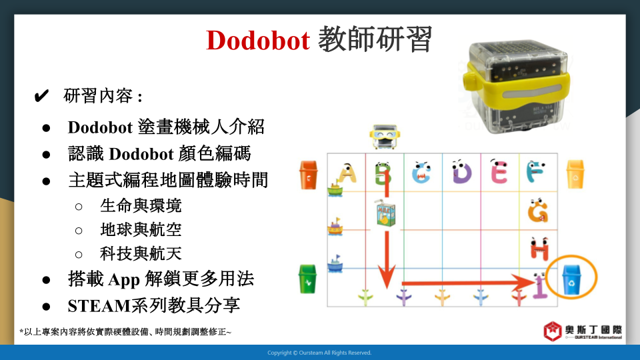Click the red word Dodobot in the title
point(258,40)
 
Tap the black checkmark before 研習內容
point(41,96)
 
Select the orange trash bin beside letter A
point(308,175)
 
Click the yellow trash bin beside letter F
point(575,174)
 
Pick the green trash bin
point(307,279)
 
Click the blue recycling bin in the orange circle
point(571,279)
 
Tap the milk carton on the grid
point(385,213)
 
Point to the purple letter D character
point(461,171)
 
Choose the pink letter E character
point(499,171)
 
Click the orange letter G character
point(538,210)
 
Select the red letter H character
point(539,248)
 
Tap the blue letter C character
point(421,172)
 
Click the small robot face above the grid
point(385,137)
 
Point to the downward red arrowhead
point(386,276)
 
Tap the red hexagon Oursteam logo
point(553,331)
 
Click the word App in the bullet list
point(124,279)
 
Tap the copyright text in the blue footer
point(319,353)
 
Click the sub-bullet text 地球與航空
point(141,230)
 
